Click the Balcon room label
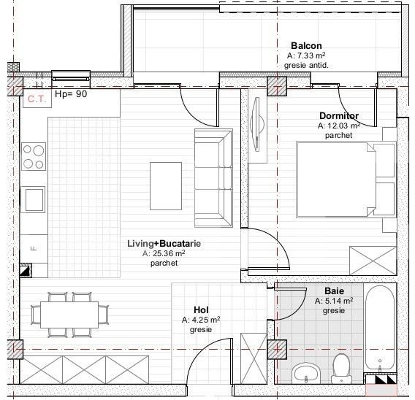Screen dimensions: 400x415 tap(305, 45)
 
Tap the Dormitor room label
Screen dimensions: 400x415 tap(338, 116)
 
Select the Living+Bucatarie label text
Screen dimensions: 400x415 tap(164, 243)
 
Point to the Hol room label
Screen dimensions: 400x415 tap(201, 309)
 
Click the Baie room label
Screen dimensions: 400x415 tap(334, 290)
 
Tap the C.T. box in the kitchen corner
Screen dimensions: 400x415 tap(36, 99)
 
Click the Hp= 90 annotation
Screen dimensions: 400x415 tap(71, 95)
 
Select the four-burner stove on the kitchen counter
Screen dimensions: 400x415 tap(34, 155)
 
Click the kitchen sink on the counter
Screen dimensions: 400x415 tap(34, 199)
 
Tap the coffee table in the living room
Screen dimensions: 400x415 tap(165, 184)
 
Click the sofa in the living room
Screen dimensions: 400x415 tap(212, 177)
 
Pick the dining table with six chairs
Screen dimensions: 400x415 tap(69, 315)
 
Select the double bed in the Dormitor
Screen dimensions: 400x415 tap(346, 179)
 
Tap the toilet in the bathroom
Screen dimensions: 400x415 tap(340, 369)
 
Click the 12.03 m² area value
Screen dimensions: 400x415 tap(338, 126)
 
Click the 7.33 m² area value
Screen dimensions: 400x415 tap(305, 55)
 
